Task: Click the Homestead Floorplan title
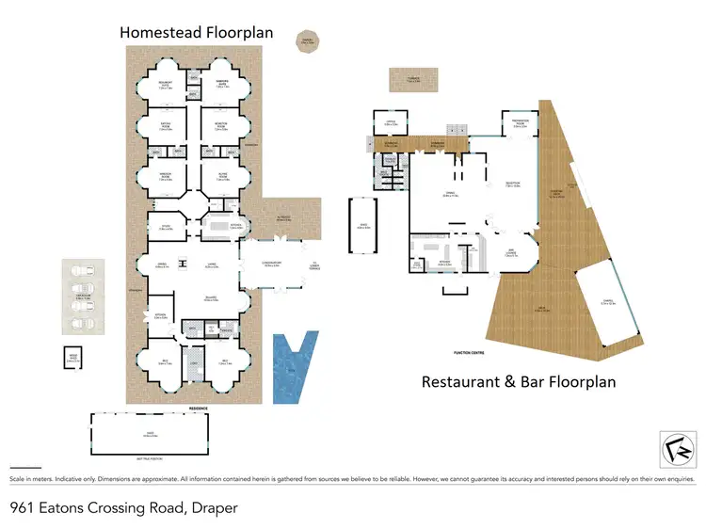coord(196,33)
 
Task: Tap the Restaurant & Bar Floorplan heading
coord(519,381)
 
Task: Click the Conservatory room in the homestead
coord(270,266)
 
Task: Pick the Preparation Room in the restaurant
coord(520,124)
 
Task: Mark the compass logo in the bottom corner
coord(672,447)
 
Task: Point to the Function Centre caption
coord(469,353)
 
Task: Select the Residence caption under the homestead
coord(197,408)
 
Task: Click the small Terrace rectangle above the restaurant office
coord(413,80)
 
